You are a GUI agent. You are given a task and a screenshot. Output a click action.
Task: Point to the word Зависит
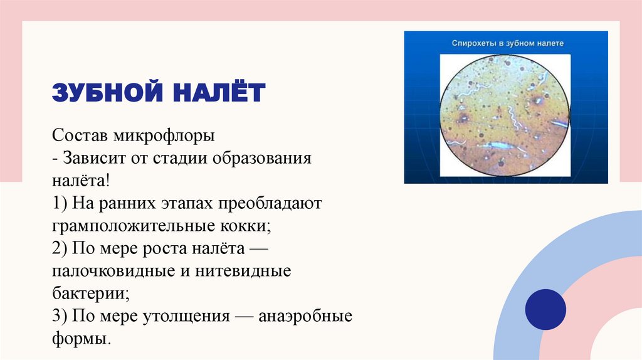(94, 158)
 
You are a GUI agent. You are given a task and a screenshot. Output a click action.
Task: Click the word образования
(261, 159)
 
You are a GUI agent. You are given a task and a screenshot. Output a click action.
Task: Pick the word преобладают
(270, 204)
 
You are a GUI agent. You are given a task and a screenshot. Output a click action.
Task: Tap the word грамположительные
(133, 226)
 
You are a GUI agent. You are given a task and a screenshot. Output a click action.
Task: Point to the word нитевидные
(243, 271)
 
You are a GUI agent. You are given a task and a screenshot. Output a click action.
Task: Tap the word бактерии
(91, 294)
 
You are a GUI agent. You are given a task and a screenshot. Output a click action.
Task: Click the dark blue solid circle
(545, 310)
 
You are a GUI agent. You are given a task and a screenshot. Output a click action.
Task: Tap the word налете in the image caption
(550, 43)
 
